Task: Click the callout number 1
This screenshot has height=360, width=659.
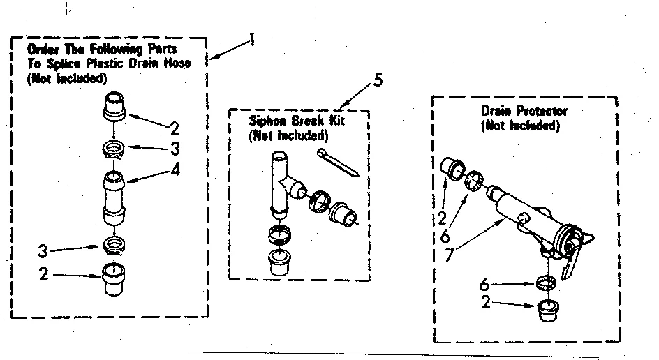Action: pyautogui.click(x=251, y=40)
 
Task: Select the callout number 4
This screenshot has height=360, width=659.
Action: pyautogui.click(x=175, y=169)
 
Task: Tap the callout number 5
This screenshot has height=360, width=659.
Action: pyautogui.click(x=378, y=80)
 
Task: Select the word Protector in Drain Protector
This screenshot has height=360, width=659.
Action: pyautogui.click(x=542, y=112)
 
